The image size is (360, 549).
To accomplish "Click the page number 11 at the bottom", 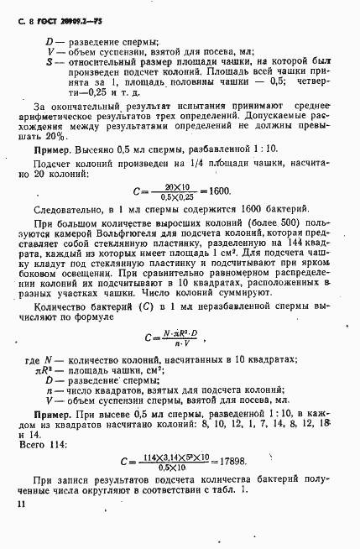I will click(18, 504).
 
